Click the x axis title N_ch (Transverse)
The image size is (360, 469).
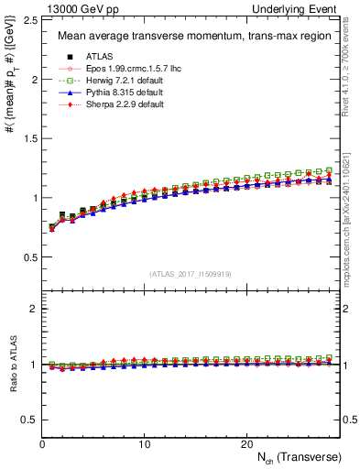293,456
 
